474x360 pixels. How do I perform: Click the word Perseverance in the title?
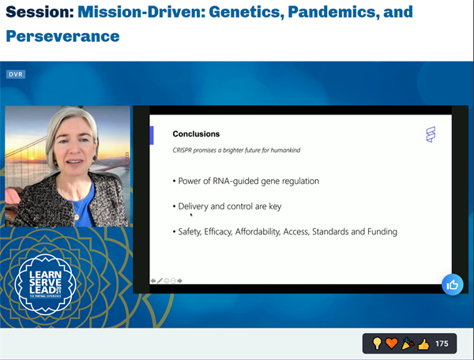tap(62, 36)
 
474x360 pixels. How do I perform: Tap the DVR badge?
tap(17, 74)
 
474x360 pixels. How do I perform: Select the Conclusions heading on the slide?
tap(196, 134)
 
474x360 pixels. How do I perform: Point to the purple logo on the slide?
tap(431, 135)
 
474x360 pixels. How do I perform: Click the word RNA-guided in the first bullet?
tap(240, 181)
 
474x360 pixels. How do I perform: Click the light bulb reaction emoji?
tap(378, 344)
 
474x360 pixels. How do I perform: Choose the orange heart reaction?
tap(392, 344)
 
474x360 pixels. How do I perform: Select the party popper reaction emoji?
tap(407, 344)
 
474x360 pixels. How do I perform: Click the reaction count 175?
tap(442, 344)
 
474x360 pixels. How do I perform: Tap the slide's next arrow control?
tap(179, 280)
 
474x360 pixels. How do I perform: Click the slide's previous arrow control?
tap(153, 280)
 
